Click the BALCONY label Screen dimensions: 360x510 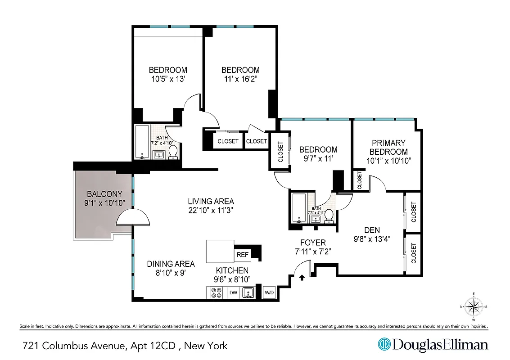[105, 194]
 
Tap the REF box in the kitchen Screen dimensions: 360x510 [243, 255]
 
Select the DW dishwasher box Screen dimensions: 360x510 [233, 293]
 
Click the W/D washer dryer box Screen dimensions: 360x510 [269, 293]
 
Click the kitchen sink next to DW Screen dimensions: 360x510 [248, 293]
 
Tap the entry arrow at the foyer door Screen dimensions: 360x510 [302, 278]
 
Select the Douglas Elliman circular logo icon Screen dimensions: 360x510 [384, 345]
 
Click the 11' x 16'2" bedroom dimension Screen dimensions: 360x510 [240, 79]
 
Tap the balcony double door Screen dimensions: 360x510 [132, 218]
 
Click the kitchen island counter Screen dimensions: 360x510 [220, 251]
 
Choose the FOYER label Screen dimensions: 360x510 [313, 243]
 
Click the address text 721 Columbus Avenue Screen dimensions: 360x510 [75, 346]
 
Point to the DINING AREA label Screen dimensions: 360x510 [171, 264]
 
